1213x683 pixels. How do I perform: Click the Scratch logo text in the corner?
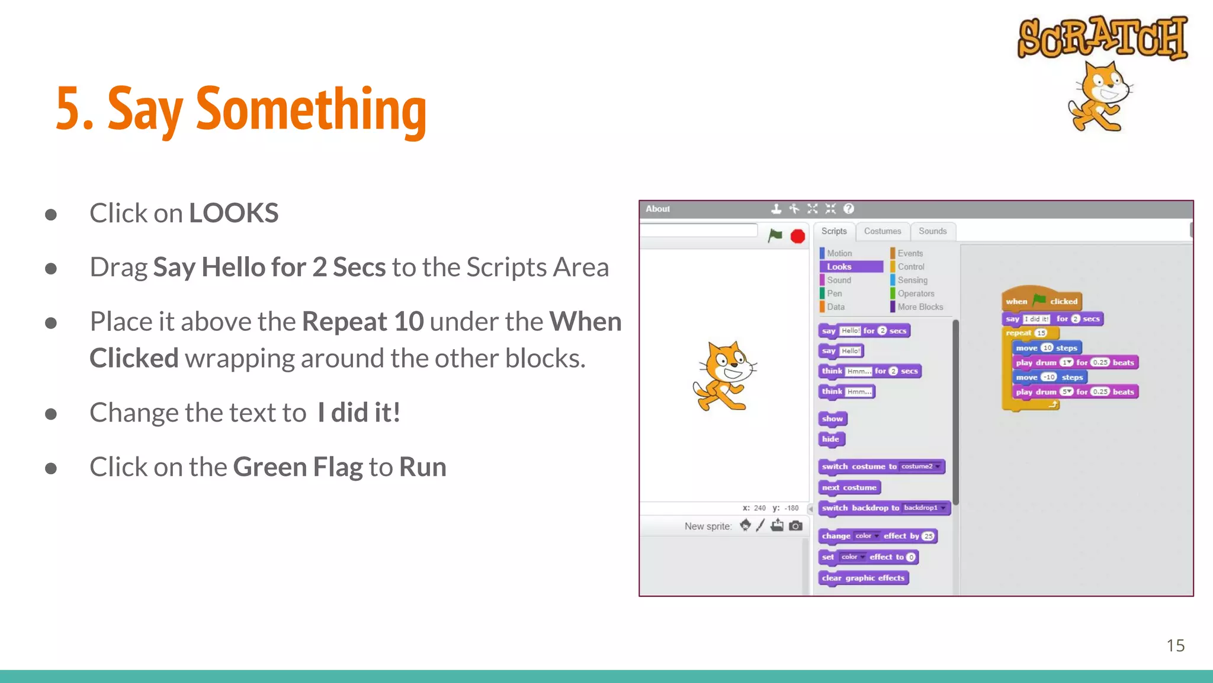point(1102,37)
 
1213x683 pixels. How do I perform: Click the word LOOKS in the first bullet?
point(233,213)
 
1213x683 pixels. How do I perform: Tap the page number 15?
point(1175,645)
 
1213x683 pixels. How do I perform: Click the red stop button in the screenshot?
point(798,237)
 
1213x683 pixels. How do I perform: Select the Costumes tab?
point(882,231)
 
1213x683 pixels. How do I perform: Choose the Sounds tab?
point(932,231)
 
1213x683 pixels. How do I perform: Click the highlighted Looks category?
point(851,267)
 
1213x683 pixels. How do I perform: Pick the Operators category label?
point(916,293)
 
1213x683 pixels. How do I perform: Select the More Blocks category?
point(920,307)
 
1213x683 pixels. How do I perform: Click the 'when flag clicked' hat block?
point(1041,301)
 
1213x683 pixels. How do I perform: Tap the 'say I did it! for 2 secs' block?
point(1052,319)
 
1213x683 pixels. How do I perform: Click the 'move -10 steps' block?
point(1049,377)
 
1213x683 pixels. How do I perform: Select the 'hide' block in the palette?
point(831,439)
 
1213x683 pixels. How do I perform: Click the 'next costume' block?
point(849,487)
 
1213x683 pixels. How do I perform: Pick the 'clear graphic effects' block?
point(863,578)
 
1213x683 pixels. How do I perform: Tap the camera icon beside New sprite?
point(796,526)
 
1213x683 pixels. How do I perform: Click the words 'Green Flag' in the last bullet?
point(297,467)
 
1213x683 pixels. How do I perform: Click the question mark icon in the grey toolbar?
point(849,209)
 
